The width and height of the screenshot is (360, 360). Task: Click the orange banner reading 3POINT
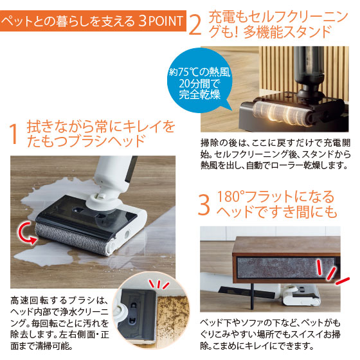tap(93, 21)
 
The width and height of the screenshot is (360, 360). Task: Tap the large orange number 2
tap(195, 25)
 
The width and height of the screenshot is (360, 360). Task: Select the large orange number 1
tap(14, 134)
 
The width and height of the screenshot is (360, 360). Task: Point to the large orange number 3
tap(204, 205)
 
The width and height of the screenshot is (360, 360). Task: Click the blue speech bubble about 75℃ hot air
tap(199, 80)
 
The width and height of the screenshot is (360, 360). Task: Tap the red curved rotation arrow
tap(26, 232)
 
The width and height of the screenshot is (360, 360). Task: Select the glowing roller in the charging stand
tap(282, 114)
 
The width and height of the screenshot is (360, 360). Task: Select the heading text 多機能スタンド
tap(287, 32)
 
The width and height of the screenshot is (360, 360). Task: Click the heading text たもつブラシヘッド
tap(87, 141)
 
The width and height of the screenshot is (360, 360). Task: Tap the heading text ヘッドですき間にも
tap(276, 212)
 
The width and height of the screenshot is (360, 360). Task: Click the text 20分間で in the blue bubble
tap(199, 84)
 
